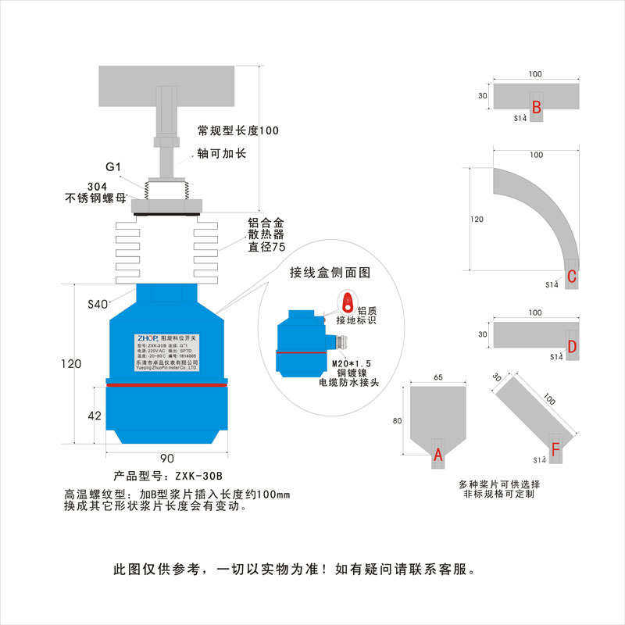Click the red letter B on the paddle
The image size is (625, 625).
(x=537, y=108)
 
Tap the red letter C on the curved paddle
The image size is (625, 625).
(x=572, y=276)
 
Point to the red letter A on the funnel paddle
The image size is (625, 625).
(x=438, y=453)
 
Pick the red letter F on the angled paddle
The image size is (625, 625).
(x=555, y=449)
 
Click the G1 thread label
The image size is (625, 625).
(x=114, y=167)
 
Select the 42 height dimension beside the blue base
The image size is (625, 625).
(x=95, y=416)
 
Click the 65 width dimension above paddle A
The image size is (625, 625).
(x=437, y=377)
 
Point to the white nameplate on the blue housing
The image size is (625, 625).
(x=166, y=348)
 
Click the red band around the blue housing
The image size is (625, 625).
(x=166, y=385)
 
